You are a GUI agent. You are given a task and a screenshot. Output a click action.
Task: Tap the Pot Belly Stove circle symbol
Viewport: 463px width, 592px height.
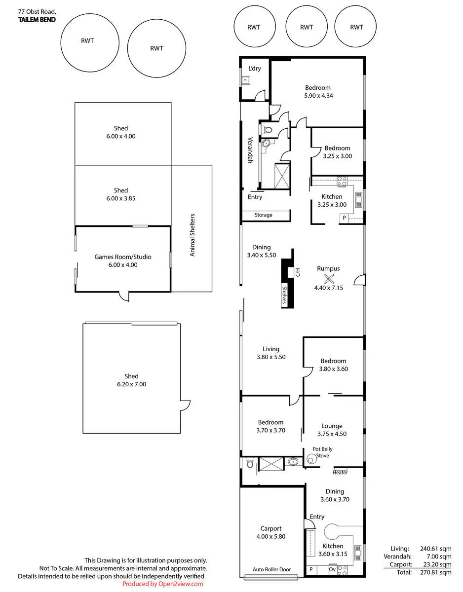point(310,459)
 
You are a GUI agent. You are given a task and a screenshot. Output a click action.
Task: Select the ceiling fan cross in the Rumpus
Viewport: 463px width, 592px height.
point(329,278)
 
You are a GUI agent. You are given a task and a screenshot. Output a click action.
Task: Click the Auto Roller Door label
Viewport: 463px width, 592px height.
point(271,569)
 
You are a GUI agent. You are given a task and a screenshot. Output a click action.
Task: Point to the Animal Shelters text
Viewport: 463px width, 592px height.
point(192,235)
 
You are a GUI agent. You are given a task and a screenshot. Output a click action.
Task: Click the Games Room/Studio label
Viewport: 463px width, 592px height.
point(122,257)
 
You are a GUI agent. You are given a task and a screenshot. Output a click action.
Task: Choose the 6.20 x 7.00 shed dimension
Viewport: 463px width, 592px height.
point(131,384)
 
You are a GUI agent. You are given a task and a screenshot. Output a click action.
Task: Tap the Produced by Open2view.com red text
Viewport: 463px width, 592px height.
point(163,584)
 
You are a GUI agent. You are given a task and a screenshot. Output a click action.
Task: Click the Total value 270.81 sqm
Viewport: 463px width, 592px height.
point(435,572)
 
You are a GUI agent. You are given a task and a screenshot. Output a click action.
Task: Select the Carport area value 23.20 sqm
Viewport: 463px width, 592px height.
point(437,564)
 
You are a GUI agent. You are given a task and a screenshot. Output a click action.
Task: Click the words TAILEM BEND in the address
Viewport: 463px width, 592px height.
point(37,20)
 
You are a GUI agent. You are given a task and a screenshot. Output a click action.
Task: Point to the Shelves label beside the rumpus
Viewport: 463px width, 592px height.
point(284,295)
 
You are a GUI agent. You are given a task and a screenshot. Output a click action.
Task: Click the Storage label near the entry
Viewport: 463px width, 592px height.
point(263,215)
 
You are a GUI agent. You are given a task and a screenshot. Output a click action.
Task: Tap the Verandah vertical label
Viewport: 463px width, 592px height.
point(250,150)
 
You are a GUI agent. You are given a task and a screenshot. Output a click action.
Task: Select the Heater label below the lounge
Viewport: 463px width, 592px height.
point(340,473)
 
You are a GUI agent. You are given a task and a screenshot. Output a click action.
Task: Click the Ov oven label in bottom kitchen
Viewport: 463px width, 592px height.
point(332,569)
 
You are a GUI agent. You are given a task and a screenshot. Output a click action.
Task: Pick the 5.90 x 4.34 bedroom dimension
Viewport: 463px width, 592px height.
point(318,96)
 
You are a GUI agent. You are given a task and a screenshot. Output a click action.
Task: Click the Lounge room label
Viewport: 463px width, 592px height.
point(332,426)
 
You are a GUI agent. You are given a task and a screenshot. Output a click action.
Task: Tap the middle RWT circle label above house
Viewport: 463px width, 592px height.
point(307,27)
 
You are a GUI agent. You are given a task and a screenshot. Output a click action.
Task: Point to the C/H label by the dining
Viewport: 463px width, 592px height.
point(297,272)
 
